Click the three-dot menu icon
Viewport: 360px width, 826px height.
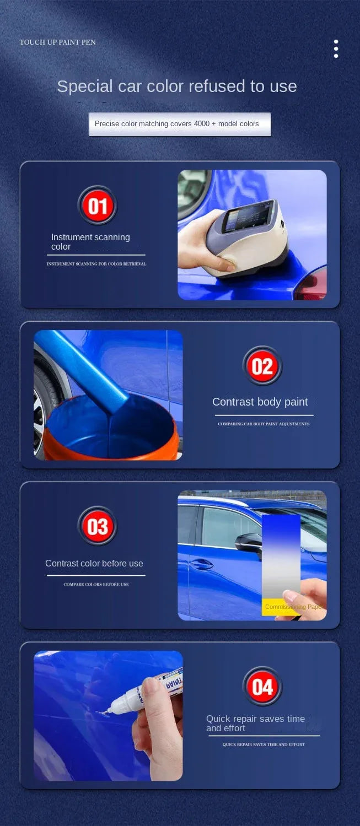(336, 48)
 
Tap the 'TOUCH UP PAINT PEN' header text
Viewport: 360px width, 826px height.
(58, 42)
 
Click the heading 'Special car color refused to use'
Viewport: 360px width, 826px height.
(177, 87)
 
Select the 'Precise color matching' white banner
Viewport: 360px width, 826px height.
(179, 124)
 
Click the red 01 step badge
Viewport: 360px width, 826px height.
(98, 206)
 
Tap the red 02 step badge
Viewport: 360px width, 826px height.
(262, 366)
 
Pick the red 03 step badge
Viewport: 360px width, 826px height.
(98, 527)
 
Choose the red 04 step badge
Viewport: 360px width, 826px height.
(262, 687)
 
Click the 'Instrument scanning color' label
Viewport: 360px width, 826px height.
(90, 242)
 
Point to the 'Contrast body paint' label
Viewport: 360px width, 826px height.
(260, 402)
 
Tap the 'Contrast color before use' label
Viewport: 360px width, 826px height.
(94, 563)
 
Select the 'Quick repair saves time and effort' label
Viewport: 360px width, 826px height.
(255, 723)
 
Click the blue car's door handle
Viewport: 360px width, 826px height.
(202, 563)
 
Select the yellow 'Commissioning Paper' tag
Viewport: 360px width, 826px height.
(281, 607)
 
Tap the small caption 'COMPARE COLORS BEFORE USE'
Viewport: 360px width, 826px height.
(96, 584)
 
